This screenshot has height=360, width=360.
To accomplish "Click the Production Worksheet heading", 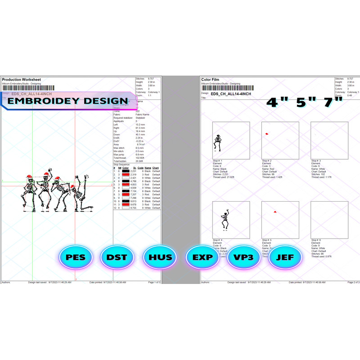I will (x=22, y=80).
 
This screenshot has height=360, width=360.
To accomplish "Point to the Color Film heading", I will (x=213, y=80).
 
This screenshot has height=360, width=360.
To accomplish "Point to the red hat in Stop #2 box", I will (x=267, y=134).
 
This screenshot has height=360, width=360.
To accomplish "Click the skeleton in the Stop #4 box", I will (x=225, y=220).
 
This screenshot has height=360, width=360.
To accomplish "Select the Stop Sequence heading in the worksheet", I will (x=122, y=165).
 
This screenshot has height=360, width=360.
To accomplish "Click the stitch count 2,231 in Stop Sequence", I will (x=133, y=171).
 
